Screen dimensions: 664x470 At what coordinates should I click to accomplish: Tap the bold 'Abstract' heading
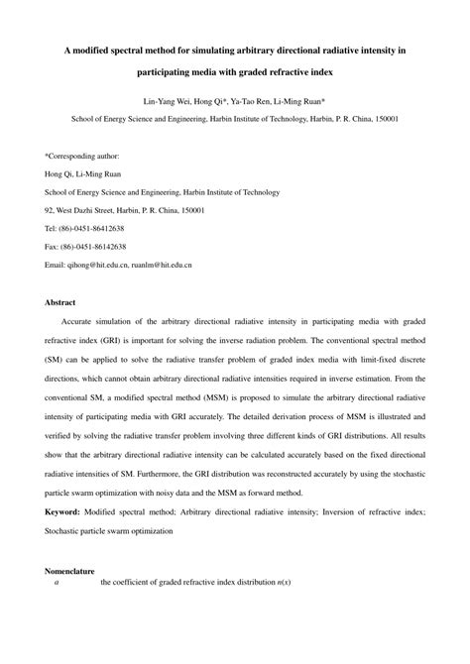pyautogui.click(x=61, y=301)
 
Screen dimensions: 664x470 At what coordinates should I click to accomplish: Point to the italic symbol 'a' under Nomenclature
pyautogui.click(x=57, y=584)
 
